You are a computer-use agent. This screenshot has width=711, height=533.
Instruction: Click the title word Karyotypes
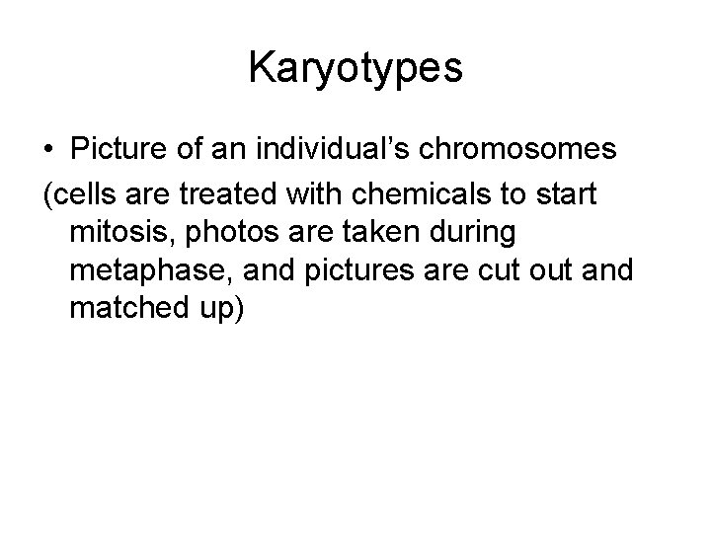click(x=355, y=68)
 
